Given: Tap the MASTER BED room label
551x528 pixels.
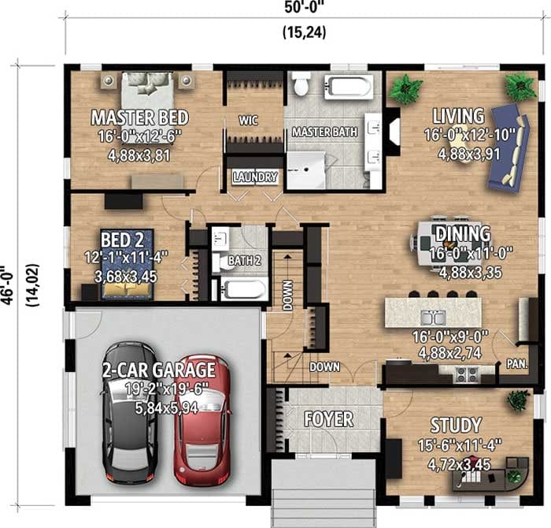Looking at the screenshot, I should (x=139, y=118).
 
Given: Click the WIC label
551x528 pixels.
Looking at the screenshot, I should (x=249, y=121).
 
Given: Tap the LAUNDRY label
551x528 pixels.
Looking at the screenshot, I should (x=254, y=177).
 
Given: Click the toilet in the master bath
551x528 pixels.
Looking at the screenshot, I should (x=300, y=83).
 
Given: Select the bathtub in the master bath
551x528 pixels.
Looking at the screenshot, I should (x=349, y=85).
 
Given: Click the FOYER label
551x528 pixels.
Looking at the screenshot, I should (x=329, y=418).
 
